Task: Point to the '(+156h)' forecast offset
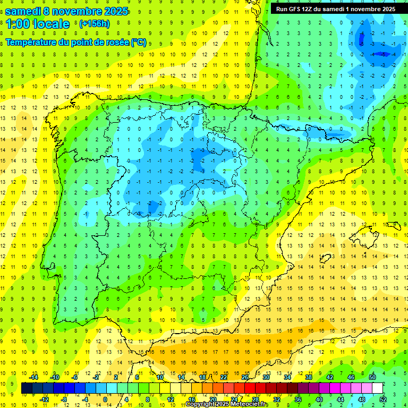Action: point(94,24)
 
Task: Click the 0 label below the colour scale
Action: point(105,399)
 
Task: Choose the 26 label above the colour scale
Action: point(245,377)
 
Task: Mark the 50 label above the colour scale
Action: point(372,377)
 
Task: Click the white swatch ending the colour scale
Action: point(378,388)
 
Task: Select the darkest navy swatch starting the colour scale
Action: point(27,388)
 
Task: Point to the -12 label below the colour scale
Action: point(45,399)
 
